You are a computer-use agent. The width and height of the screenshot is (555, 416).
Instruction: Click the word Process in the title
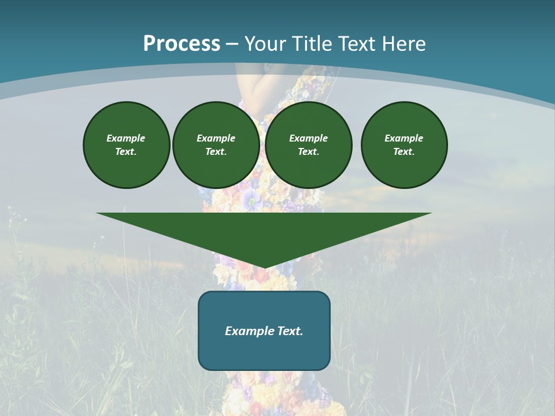pyautogui.click(x=182, y=44)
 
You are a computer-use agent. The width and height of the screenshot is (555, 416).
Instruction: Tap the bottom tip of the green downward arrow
pyautogui.click(x=264, y=267)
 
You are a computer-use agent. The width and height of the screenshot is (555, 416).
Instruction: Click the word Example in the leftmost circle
pyautogui.click(x=126, y=138)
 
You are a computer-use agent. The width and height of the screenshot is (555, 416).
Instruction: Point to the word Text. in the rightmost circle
pyautogui.click(x=404, y=151)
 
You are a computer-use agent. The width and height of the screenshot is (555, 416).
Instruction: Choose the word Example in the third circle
pyautogui.click(x=308, y=138)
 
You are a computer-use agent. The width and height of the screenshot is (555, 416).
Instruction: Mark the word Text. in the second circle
pyautogui.click(x=216, y=151)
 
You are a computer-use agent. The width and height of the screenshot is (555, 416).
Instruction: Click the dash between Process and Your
pyautogui.click(x=232, y=44)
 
